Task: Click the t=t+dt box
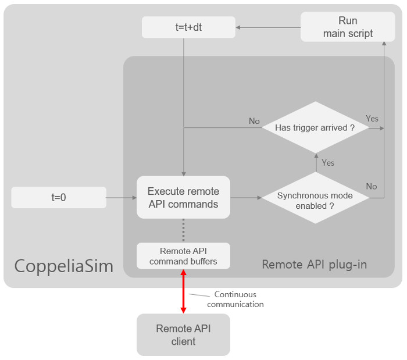click(188, 27)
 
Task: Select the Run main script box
click(348, 27)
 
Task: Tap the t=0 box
click(58, 198)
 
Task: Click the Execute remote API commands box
click(183, 198)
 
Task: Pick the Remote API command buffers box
click(183, 256)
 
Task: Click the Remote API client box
click(183, 335)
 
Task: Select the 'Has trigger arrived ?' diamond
click(315, 128)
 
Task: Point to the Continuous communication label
click(235, 299)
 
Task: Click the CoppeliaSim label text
click(64, 266)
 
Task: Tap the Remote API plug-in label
click(314, 265)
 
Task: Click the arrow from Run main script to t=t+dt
click(267, 27)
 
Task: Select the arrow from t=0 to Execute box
click(121, 198)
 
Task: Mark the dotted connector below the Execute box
click(183, 230)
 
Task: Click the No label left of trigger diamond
click(254, 121)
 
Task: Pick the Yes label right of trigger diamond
click(372, 119)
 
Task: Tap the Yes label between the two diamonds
click(328, 163)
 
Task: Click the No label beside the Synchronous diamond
click(372, 186)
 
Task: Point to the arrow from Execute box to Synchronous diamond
click(245, 198)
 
